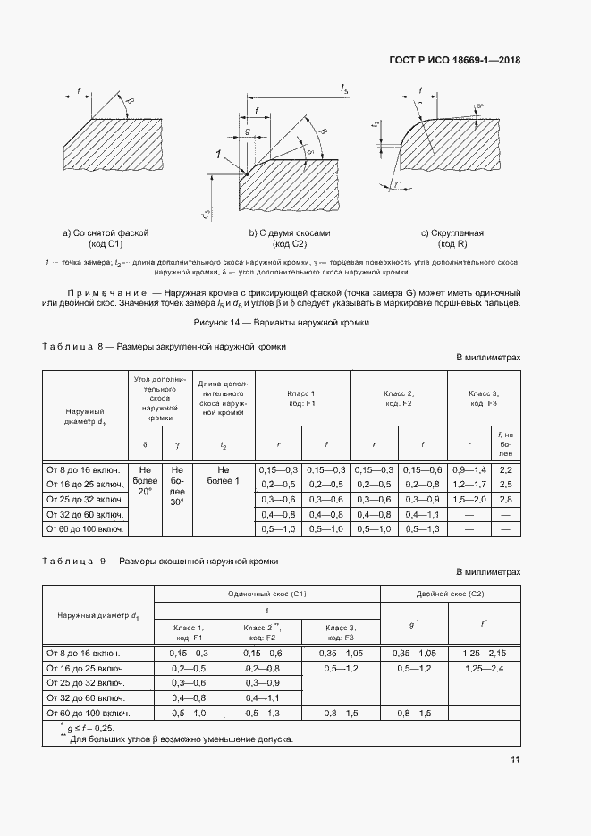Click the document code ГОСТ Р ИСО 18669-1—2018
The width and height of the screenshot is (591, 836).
pos(455,61)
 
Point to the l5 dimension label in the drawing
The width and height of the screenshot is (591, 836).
pos(344,88)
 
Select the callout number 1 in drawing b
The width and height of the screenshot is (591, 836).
pos(218,155)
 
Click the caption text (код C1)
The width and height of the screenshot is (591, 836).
pos(106,244)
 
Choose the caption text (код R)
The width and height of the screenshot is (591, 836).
pos(452,244)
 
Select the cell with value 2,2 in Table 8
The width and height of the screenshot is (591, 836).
pos(505,469)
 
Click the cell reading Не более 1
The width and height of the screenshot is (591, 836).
pos(224,476)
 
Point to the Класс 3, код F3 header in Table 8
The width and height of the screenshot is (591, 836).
pos(483,399)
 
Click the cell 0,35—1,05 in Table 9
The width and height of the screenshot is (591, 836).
pos(413,654)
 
